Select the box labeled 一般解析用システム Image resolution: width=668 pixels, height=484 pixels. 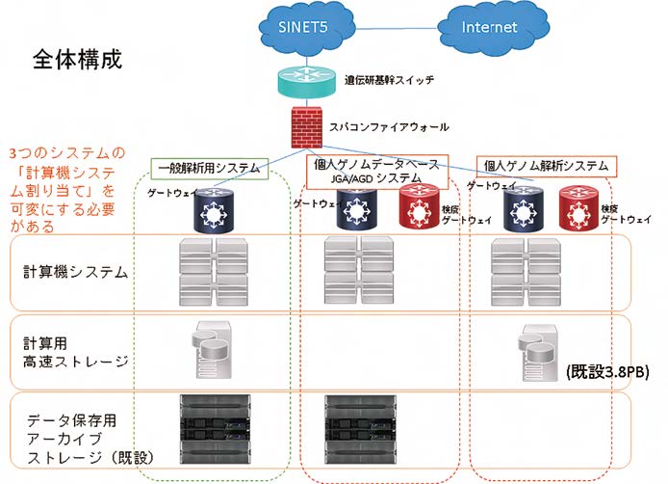[208, 168]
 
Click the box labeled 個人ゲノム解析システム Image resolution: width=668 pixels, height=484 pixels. [546, 166]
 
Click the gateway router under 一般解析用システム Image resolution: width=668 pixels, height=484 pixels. [208, 212]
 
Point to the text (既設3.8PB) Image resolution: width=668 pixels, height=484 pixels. [602, 370]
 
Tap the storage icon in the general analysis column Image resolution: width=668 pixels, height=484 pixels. [213, 345]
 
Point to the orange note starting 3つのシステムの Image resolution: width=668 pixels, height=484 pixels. [65, 190]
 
